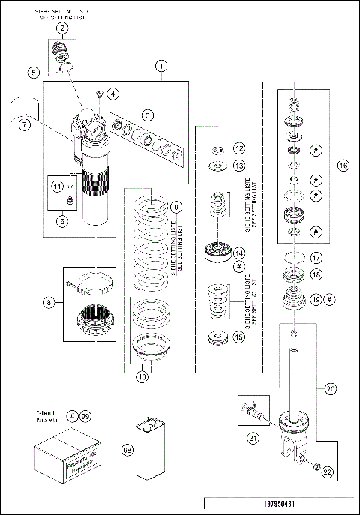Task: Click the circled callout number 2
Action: point(63,28)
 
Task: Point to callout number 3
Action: point(149,115)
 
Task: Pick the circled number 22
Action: point(326,471)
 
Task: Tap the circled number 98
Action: point(126,448)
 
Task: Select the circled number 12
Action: point(238,148)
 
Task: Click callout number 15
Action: point(238,337)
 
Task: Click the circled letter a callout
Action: point(49,302)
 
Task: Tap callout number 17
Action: point(317,258)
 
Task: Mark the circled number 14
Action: point(238,253)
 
